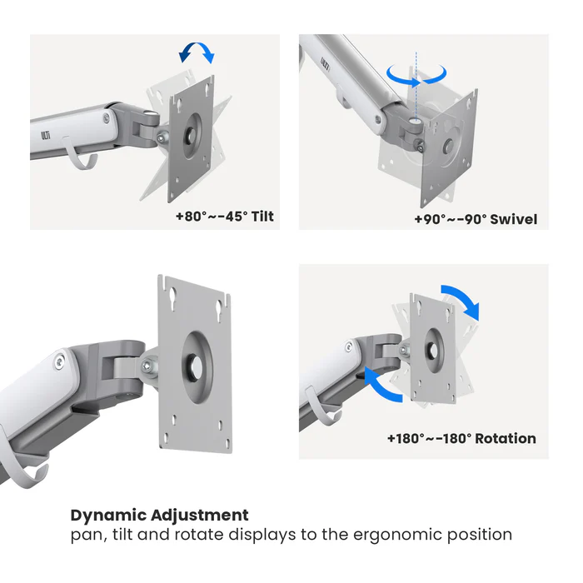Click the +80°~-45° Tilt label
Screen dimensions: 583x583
click(224, 217)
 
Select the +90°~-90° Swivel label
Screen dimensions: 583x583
click(476, 220)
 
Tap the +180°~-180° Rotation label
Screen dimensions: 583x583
click(461, 438)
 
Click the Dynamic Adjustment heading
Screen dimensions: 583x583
click(159, 515)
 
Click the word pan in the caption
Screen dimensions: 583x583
click(85, 535)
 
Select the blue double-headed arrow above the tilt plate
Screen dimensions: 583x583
click(197, 54)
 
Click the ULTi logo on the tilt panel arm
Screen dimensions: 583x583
click(47, 132)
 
